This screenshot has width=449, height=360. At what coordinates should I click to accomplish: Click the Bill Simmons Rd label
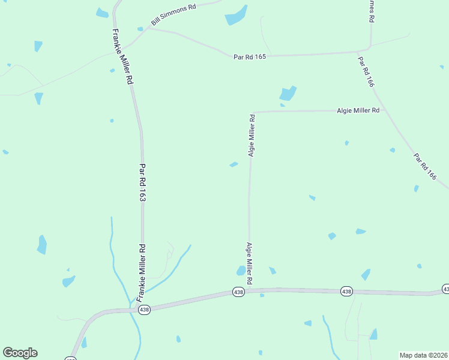pyautogui.click(x=174, y=14)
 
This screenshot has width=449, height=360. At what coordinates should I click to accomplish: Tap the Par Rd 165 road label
pyautogui.click(x=249, y=56)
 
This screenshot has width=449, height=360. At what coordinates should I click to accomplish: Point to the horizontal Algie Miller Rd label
pyautogui.click(x=358, y=110)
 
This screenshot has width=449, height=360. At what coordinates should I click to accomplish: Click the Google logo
pyautogui.click(x=20, y=353)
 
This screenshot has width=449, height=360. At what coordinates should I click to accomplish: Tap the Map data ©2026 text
pyautogui.click(x=423, y=355)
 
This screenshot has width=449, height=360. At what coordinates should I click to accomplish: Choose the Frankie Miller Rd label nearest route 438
pyautogui.click(x=142, y=273)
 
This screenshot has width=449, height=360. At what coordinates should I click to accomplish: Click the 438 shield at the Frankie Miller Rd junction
pyautogui.click(x=144, y=310)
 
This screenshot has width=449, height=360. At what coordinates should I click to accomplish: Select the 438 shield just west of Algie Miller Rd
pyautogui.click(x=238, y=292)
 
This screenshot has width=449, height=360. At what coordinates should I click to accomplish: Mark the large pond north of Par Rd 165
pyautogui.click(x=236, y=16)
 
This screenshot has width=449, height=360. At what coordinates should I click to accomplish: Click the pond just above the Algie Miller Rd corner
pyautogui.click(x=288, y=93)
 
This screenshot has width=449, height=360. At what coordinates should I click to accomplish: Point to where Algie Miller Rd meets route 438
pyautogui.click(x=249, y=290)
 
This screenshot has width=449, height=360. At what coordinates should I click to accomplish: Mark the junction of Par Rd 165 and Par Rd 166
pyautogui.click(x=369, y=49)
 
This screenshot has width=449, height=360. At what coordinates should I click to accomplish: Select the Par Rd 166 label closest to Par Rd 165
pyautogui.click(x=366, y=72)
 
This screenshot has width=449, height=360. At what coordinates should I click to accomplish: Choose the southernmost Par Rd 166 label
pyautogui.click(x=424, y=166)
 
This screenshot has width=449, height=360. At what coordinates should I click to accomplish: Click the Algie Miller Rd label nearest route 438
pyautogui.click(x=249, y=263)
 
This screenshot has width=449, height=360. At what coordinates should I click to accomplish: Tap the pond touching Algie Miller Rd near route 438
pyautogui.click(x=241, y=271)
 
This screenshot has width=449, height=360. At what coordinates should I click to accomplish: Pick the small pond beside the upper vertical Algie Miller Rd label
pyautogui.click(x=234, y=164)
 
